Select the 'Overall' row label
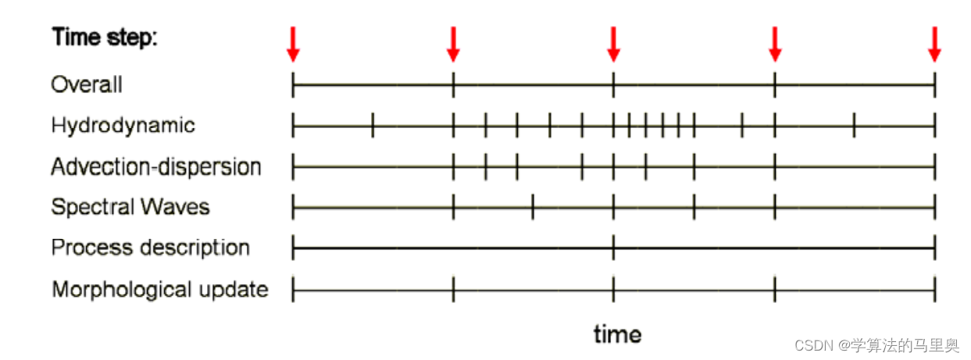coord(87,84)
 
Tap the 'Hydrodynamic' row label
coord(123,125)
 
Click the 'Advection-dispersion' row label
coord(156,166)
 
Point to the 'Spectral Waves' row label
coord(130,207)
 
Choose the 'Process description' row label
coord(150,248)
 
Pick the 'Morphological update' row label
coord(159,290)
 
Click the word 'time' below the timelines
coord(617,334)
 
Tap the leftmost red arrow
coord(293,44)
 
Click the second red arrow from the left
coord(453,44)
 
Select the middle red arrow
coord(614,44)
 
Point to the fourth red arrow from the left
coord(775,44)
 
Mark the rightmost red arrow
coord(934,44)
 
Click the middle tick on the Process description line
coord(614,248)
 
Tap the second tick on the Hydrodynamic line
coord(373,125)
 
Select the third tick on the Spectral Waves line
coord(533,208)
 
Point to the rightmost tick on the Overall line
coord(934,84)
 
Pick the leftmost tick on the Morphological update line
coord(293,290)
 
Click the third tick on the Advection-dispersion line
coord(485,166)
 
